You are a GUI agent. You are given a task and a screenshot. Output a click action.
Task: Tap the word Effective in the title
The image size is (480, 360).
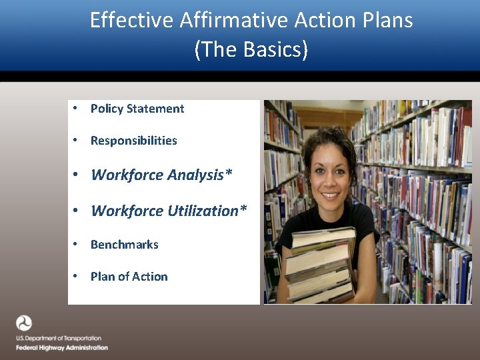[131, 20]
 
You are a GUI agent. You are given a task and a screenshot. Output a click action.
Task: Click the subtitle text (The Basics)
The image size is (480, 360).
[251, 50]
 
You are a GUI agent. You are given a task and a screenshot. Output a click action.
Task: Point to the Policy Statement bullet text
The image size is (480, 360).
[137, 109]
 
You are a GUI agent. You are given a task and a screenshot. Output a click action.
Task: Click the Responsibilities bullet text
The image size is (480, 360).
[134, 141]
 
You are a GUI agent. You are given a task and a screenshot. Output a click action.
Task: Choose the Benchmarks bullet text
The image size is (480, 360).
[125, 245]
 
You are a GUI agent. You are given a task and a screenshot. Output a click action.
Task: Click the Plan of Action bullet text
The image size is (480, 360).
[129, 277]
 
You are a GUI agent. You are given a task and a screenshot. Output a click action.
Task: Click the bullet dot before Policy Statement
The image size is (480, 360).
[77, 109]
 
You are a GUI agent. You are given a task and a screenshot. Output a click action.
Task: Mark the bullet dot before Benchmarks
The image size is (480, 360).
[77, 245]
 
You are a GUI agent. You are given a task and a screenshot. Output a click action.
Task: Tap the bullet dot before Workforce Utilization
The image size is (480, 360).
[77, 211]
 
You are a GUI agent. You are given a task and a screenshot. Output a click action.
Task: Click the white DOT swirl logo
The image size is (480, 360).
[24, 324]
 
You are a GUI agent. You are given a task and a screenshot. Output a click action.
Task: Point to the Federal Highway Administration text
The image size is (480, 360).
[62, 348]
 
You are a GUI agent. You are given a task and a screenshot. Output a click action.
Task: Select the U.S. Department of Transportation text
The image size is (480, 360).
[59, 339]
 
